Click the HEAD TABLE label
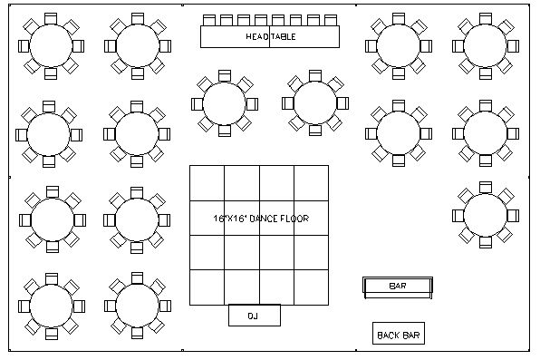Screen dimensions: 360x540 coord(271,36)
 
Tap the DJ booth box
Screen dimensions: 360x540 coord(253,315)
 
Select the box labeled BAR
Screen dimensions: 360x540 coord(397,287)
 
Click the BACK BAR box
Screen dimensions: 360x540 coord(399,335)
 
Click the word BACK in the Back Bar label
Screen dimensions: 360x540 coord(388,335)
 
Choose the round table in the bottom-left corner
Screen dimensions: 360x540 coord(51,303)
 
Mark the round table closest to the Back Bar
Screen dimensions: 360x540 coord(486,215)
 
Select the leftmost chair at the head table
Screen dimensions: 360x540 coord(207,19)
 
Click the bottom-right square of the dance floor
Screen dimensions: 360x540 coord(311,288)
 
